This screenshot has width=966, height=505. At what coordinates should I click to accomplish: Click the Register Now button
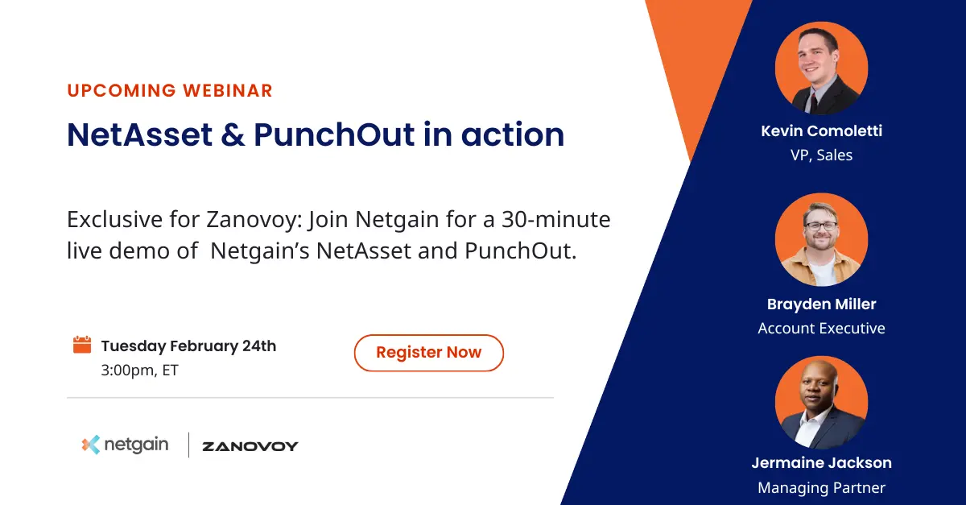pos(428,353)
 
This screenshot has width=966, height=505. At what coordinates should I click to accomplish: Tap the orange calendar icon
pos(82,346)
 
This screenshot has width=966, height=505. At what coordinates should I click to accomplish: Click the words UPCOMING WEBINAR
pos(170,90)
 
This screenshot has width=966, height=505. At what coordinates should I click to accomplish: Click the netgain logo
pos(125,445)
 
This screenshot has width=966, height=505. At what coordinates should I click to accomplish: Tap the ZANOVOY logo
pos(250,446)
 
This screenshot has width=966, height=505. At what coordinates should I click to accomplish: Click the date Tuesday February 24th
pos(188,346)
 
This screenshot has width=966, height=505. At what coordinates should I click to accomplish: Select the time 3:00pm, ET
pos(139,371)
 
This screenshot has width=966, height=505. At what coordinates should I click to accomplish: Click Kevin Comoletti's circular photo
pos(821,68)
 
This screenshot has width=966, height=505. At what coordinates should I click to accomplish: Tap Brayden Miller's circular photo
pos(821,239)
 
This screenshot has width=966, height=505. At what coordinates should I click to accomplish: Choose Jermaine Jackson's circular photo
pos(821,403)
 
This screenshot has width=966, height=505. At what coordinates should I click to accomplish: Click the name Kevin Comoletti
pos(821,130)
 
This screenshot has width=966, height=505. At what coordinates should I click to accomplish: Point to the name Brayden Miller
pos(821,304)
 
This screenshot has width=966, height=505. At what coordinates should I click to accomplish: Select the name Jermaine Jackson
pos(821,463)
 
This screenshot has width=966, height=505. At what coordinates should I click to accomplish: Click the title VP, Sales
pos(821,155)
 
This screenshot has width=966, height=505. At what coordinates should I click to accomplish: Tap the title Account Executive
pos(821,329)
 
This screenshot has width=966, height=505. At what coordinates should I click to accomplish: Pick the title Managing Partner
pos(821,488)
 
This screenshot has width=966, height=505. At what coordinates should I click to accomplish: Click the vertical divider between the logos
pos(188,445)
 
